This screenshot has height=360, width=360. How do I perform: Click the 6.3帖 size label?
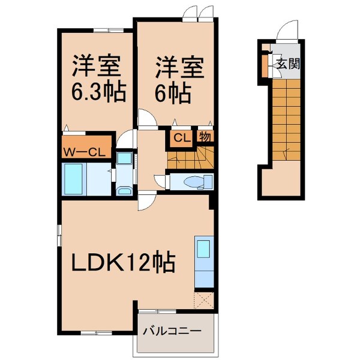100,93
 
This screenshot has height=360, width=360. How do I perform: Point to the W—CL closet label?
85,152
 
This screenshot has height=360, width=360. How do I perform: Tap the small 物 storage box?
204,137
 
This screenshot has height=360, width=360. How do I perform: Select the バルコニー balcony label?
175,331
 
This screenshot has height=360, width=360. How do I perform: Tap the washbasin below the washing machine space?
125,191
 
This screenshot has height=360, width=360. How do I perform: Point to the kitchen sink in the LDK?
202,248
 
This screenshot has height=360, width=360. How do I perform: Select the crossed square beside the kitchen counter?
203,298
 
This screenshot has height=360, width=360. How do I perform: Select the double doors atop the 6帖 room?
198,11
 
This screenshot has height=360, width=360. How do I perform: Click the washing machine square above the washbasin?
125,158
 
